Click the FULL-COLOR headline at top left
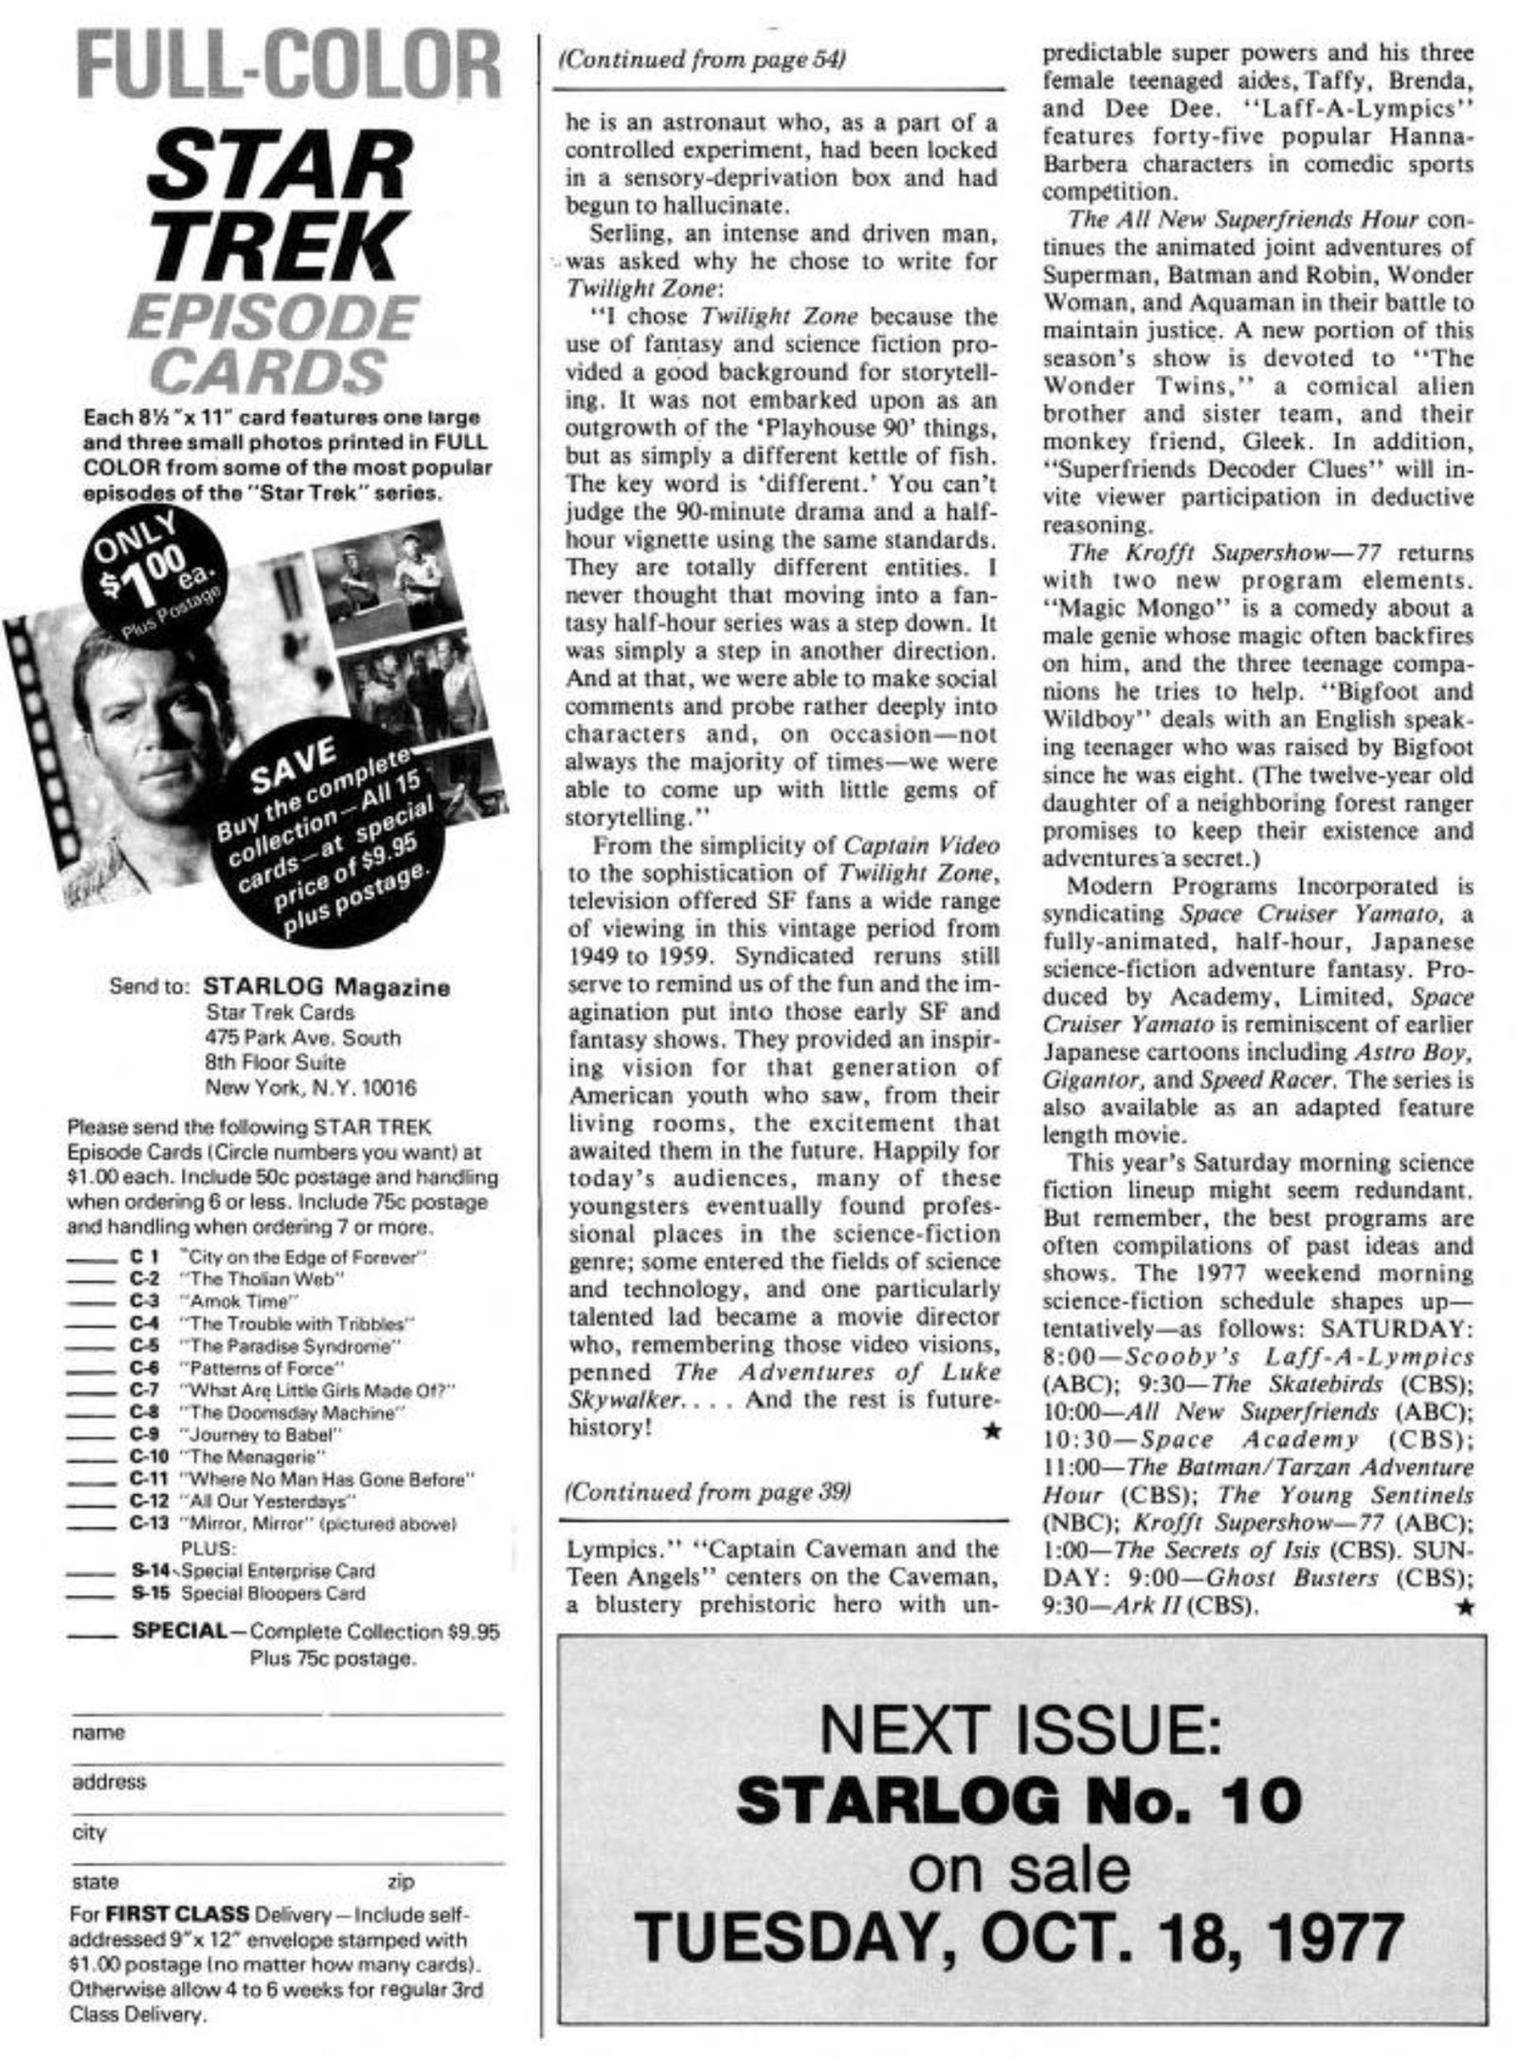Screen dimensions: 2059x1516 click(289, 68)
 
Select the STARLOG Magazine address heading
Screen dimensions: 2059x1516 click(327, 987)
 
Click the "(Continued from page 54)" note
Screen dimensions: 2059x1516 click(702, 60)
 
